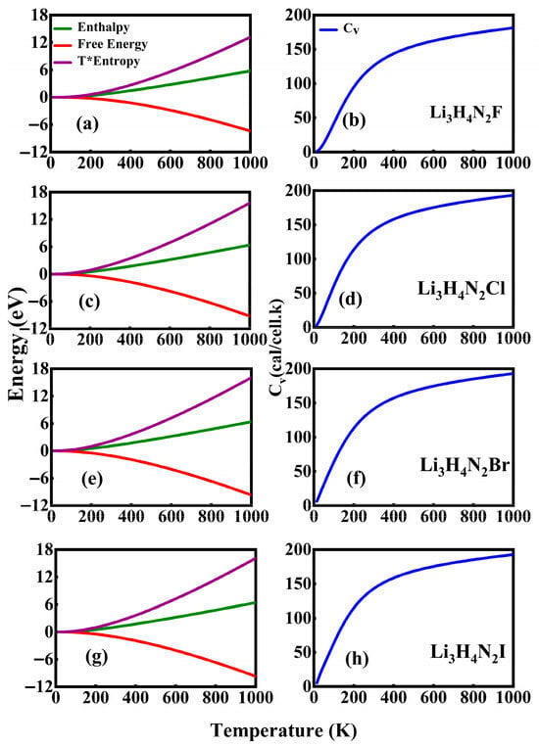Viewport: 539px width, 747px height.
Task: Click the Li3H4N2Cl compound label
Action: click(x=462, y=289)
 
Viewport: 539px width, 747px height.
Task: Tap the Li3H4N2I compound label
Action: click(x=467, y=652)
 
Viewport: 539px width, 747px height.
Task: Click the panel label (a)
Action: click(x=87, y=124)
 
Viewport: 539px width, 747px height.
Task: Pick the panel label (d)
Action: click(x=351, y=300)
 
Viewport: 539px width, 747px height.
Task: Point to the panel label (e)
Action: click(x=91, y=479)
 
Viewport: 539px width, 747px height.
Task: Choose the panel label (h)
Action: click(x=356, y=659)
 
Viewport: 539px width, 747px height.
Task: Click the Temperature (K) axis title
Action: click(x=283, y=730)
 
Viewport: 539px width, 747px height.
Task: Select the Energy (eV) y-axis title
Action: click(x=17, y=343)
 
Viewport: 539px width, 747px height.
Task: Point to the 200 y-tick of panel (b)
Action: click(x=298, y=16)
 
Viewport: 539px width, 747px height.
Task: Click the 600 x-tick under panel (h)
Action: click(x=433, y=698)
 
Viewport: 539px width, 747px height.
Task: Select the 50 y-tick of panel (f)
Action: click(x=302, y=472)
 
